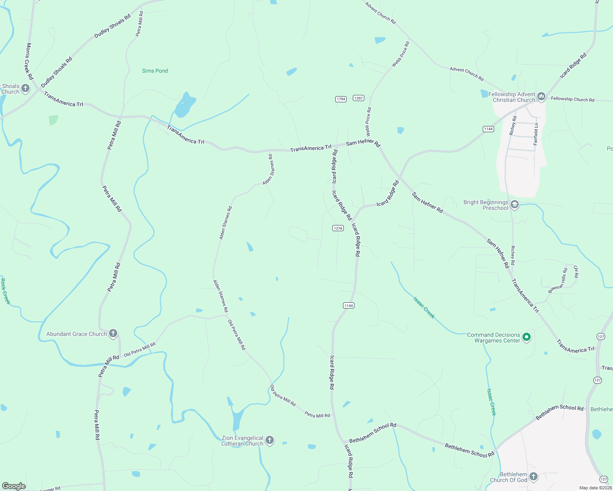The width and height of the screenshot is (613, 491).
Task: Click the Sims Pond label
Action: coord(155,71)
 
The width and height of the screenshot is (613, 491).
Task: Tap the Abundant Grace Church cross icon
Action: coord(113,333)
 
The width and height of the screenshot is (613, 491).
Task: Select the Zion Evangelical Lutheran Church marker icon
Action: coord(269,440)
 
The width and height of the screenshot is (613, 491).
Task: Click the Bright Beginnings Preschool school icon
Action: coord(515,205)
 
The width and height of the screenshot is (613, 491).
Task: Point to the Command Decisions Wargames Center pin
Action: coord(527,337)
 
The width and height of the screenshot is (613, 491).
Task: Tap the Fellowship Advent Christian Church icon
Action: coord(541,97)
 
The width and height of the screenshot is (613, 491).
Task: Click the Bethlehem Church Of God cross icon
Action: coord(533,476)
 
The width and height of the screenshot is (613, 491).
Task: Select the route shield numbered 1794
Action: coord(341,99)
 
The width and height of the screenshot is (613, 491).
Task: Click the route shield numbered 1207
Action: coord(359,98)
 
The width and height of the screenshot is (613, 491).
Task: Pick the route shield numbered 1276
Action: coord(338,228)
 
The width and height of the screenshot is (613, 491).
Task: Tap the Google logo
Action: coord(14,486)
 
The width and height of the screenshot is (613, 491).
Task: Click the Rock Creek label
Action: coord(5,291)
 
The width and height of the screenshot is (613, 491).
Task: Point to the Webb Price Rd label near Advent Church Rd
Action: coord(400,54)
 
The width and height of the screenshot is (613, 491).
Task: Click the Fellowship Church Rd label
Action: coord(572,99)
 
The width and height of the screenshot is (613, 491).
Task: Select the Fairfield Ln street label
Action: coord(536,134)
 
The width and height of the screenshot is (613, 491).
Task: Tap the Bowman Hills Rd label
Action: coord(558,281)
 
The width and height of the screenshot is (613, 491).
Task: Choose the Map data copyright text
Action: coord(595,488)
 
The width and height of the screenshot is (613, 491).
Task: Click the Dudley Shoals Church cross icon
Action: coord(25,88)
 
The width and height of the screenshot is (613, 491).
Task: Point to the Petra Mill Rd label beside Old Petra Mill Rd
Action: coord(317,415)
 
